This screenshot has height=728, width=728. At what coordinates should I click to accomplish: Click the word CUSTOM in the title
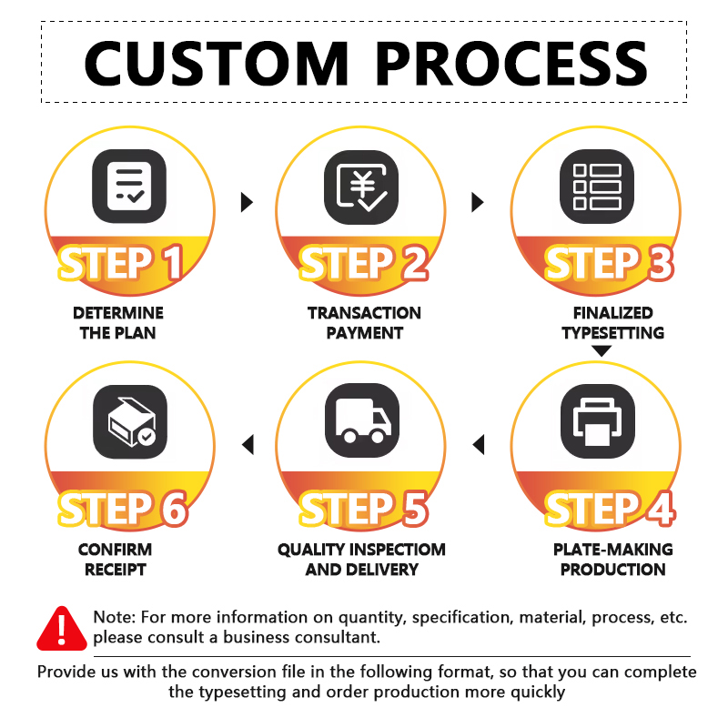click(x=217, y=64)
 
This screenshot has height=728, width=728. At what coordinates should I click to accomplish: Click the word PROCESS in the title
click(x=511, y=64)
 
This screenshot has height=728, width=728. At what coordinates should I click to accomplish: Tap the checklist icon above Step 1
click(x=129, y=187)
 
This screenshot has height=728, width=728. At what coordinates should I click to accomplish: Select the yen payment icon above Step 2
click(x=361, y=187)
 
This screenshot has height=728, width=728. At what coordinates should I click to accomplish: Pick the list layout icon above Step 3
click(x=597, y=187)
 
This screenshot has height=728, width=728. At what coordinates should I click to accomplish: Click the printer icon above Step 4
click(x=598, y=421)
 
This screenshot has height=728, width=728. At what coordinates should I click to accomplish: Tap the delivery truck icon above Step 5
click(x=362, y=420)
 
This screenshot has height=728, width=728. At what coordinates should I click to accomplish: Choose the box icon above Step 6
click(x=130, y=421)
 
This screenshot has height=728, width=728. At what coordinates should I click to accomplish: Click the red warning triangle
click(x=62, y=628)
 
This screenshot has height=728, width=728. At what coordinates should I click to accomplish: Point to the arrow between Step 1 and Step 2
click(x=247, y=202)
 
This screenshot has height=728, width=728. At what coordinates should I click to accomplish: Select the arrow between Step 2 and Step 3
click(x=477, y=202)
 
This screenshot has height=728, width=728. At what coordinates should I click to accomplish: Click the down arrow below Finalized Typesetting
click(x=602, y=351)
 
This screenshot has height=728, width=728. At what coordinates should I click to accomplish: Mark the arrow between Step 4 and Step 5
click(x=479, y=444)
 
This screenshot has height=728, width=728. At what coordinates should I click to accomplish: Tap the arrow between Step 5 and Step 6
click(x=248, y=444)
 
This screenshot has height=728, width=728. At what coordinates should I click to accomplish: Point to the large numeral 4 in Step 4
click(x=662, y=509)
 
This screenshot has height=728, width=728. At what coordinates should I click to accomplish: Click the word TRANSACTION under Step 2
click(x=365, y=313)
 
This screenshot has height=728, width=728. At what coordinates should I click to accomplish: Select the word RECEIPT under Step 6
click(x=116, y=570)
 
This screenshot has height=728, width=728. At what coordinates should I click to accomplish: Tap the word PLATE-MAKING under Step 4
click(x=612, y=550)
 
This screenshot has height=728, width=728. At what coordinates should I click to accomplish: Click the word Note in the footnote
click(x=115, y=617)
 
